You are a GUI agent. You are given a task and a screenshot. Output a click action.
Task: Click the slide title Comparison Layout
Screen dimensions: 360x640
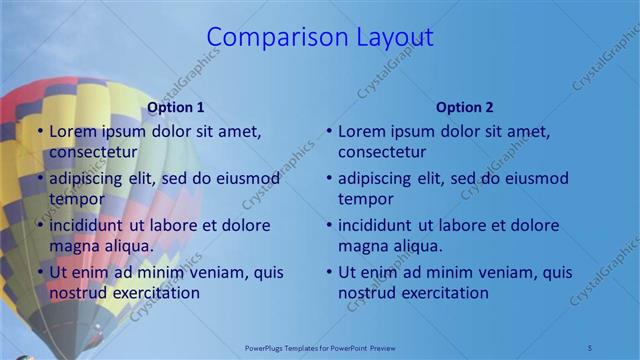[320, 37]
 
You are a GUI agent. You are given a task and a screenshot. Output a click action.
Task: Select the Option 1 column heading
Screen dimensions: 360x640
[176, 107]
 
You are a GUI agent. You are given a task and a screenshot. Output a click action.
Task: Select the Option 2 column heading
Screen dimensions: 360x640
[465, 107]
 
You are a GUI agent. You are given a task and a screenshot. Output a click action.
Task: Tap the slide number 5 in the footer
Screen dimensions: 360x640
[590, 347]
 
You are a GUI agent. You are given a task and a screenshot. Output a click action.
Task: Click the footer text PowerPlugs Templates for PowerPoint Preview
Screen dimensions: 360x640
[320, 347]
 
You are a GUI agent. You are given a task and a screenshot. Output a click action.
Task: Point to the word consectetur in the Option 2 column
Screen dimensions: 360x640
[382, 152]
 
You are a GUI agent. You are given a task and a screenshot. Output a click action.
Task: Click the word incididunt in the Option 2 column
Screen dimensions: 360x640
[376, 225]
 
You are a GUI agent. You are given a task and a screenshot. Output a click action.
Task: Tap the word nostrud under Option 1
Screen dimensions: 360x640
[79, 293]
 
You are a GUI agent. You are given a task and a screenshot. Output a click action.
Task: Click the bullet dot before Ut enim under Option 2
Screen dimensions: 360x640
[328, 272]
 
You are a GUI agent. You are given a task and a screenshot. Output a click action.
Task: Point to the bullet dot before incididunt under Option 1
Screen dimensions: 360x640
[39, 225]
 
